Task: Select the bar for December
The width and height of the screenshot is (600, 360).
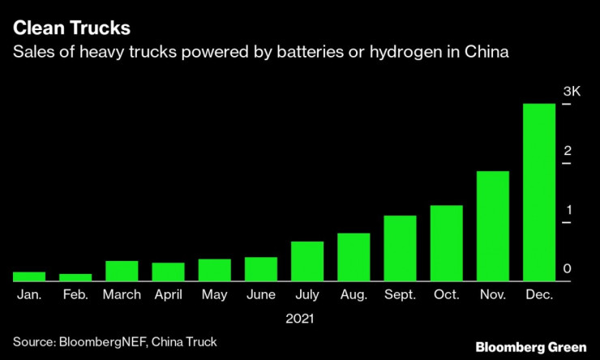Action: (539, 192)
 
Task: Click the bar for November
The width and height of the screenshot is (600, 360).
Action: (492, 226)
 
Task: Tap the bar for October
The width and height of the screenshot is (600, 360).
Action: (446, 243)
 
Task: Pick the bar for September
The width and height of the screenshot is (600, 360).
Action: (400, 248)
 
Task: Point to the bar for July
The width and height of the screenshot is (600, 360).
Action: (307, 261)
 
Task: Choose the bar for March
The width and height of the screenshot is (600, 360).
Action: (122, 271)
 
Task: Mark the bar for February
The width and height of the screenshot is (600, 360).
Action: (75, 277)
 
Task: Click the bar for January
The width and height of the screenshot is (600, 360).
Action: (29, 276)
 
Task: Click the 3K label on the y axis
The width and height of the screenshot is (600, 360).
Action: (572, 92)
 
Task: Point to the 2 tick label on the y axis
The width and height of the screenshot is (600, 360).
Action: (568, 152)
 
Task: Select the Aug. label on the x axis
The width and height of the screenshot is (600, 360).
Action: (354, 295)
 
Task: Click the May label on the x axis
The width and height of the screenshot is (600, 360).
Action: (214, 295)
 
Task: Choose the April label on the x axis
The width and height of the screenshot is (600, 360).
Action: (168, 295)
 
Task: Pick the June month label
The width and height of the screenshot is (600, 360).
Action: (260, 295)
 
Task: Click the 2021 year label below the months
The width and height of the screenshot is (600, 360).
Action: (299, 319)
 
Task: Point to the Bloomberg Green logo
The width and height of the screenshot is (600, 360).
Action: (531, 347)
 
